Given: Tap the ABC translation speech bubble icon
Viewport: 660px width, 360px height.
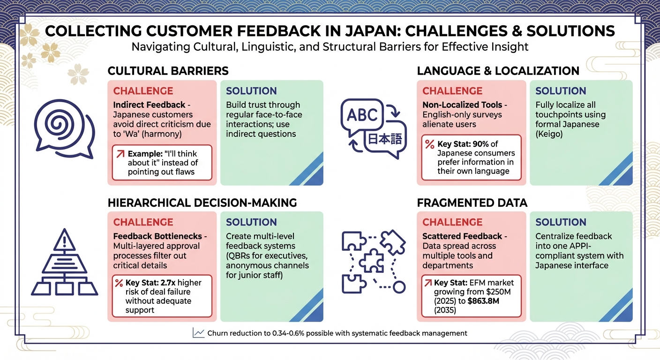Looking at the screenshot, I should coord(361,114).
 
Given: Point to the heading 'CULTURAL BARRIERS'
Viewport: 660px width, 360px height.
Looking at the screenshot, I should coord(168,71).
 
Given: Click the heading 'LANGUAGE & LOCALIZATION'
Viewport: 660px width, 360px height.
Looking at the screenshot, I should coord(498,71).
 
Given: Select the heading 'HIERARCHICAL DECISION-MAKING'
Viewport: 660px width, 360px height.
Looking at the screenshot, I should coord(202,202).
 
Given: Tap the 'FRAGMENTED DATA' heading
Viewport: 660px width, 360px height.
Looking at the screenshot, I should coord(472,202).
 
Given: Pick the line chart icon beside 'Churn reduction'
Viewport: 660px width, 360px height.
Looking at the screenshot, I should coord(198,333).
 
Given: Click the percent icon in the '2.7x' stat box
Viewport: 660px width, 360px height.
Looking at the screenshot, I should coord(119,283).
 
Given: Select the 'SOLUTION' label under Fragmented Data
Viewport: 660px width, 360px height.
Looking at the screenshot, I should coord(561,222).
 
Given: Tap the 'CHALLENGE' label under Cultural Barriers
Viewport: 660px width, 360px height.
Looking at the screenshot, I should coord(143,91).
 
